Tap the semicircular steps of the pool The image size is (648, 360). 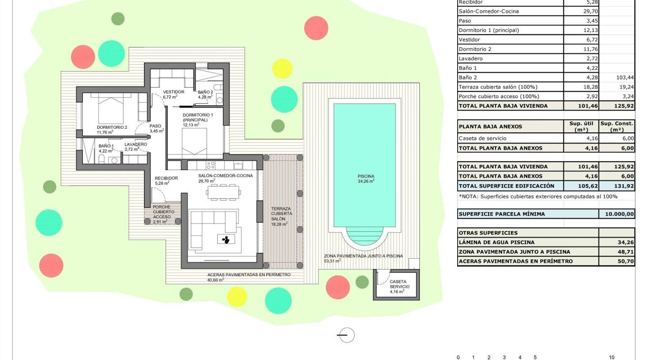364,236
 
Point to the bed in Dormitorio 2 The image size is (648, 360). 110,110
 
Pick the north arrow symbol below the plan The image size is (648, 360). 346,335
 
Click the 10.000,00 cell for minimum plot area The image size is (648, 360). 616,214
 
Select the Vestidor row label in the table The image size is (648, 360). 469,40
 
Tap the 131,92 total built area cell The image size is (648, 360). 616,186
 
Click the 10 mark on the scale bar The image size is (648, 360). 611,357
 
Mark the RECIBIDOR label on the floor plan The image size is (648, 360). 166,179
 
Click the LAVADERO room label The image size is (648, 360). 135,145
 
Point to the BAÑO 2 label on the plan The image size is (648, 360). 205,93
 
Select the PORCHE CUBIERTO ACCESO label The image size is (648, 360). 162,212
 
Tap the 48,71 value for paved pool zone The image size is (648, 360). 616,252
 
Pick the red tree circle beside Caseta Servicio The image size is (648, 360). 337,287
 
